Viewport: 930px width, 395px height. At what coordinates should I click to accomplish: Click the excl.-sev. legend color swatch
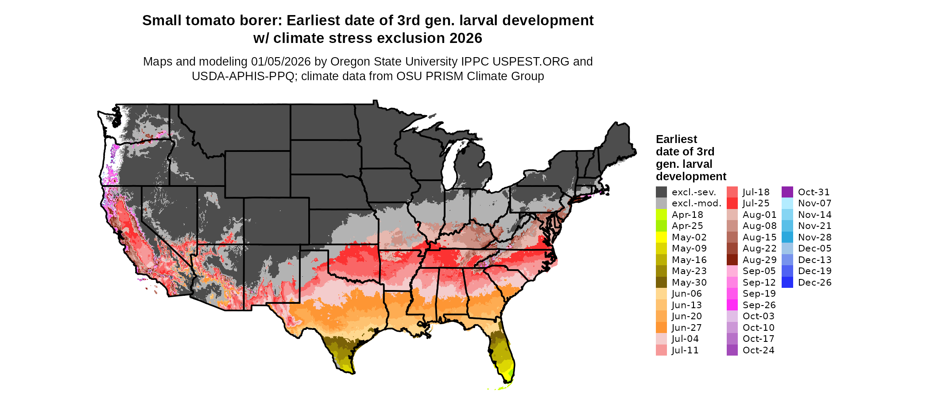click(x=661, y=192)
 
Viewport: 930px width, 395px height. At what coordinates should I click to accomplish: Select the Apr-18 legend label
click(x=687, y=215)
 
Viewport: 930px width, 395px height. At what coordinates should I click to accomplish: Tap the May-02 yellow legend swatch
click(x=661, y=237)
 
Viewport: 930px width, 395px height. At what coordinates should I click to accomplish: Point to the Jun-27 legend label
click(x=687, y=328)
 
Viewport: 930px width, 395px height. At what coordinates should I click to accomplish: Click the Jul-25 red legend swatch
click(x=732, y=203)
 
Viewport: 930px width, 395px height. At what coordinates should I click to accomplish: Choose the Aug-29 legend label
click(x=759, y=260)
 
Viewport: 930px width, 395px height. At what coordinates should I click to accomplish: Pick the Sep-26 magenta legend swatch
click(x=732, y=305)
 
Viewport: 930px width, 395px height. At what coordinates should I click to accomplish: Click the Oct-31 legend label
click(x=814, y=192)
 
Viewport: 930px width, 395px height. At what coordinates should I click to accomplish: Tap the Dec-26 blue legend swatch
click(x=787, y=283)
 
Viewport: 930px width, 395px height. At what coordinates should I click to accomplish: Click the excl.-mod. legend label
click(x=697, y=203)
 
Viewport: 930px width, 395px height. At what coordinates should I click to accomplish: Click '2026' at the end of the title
click(x=465, y=38)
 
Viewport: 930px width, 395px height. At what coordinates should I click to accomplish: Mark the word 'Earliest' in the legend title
click(x=676, y=139)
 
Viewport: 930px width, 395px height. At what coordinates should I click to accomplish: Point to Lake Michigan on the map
click(x=449, y=166)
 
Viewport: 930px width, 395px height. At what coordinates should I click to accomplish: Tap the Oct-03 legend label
click(x=759, y=316)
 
